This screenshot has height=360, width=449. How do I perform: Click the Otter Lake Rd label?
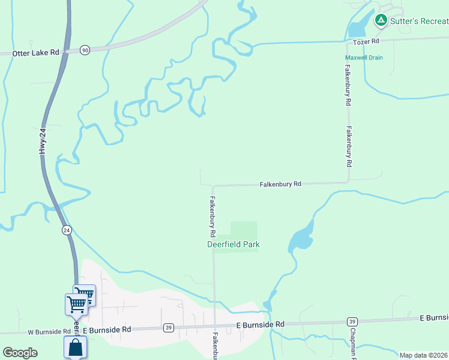click(x=35, y=53)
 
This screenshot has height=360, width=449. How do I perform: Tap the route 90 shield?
click(x=85, y=50)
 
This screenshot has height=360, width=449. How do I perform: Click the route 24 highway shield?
click(x=67, y=230)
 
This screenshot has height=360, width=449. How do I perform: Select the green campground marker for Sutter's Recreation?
click(x=380, y=21)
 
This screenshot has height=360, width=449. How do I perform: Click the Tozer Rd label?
click(x=367, y=41)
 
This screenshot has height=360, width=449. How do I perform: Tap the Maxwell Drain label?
click(x=364, y=58)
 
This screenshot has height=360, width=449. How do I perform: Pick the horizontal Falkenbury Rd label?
click(x=280, y=184)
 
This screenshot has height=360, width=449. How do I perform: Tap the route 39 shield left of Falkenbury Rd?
click(x=169, y=328)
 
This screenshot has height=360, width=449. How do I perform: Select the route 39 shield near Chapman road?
click(x=352, y=322)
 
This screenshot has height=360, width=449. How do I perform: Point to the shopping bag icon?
click(x=76, y=347)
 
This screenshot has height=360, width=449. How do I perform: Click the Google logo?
click(x=20, y=353)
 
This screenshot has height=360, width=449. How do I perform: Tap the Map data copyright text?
click(x=424, y=355)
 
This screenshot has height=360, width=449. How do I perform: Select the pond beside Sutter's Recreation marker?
click(x=357, y=27)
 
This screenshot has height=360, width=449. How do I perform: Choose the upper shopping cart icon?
click(x=85, y=294)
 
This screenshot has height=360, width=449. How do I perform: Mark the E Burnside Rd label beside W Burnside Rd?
click(x=107, y=330)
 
